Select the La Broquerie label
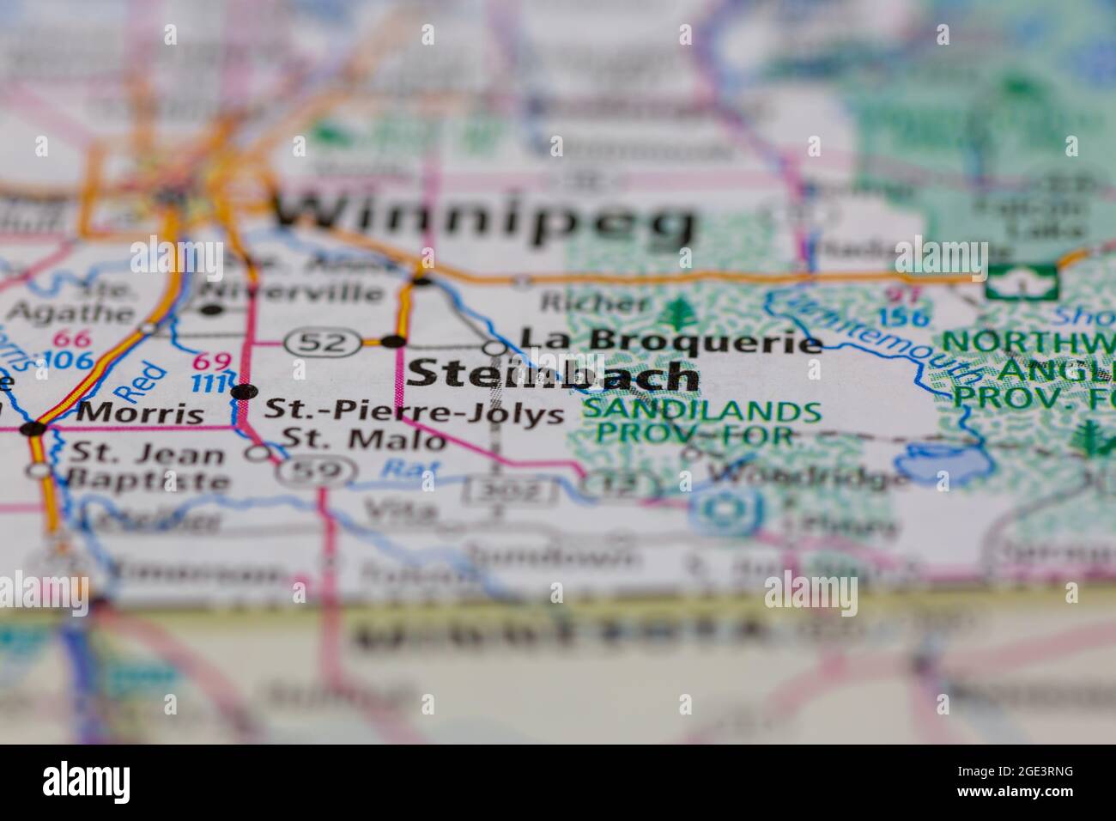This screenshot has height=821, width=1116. click(670, 342)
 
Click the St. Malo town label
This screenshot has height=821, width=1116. click(365, 440)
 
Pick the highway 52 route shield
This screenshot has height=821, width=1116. click(322, 343)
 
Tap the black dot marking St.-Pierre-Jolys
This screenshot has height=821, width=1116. click(244, 392)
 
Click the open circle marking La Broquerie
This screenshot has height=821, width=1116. click(496, 348)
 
